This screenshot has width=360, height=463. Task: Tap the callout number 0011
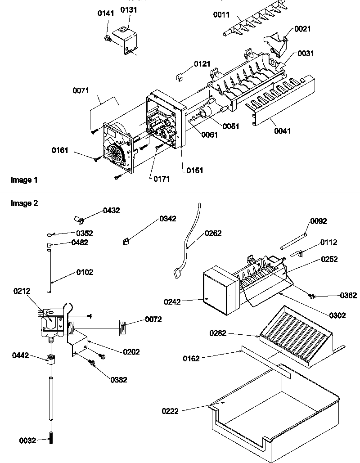pyautogui.click(x=221, y=15)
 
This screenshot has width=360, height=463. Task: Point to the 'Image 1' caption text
pyautogui.click(x=24, y=180)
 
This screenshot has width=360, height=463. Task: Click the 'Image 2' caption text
pyautogui.click(x=24, y=203)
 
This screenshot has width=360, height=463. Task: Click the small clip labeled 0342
pyautogui.click(x=126, y=242)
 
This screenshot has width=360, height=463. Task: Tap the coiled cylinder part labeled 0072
pyautogui.click(x=122, y=326)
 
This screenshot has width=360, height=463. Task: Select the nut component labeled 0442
pyautogui.click(x=51, y=360)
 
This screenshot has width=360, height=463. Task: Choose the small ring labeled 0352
pyautogui.click(x=49, y=234)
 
